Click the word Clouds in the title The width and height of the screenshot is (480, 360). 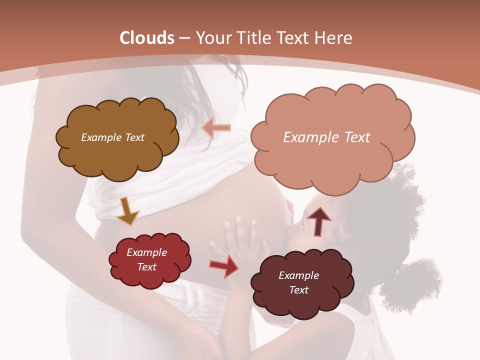pyautogui.click(x=147, y=38)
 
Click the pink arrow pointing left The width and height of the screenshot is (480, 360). pyautogui.click(x=216, y=128)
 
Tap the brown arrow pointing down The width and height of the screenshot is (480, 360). pyautogui.click(x=127, y=211)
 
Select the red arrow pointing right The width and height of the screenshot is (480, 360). pyautogui.click(x=223, y=266)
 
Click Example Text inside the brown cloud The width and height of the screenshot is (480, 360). pyautogui.click(x=112, y=137)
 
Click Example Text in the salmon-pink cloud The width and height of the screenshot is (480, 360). pyautogui.click(x=326, y=137)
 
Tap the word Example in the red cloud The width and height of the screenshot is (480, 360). pyautogui.click(x=146, y=252)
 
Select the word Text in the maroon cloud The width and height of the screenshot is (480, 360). pyautogui.click(x=298, y=290)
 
